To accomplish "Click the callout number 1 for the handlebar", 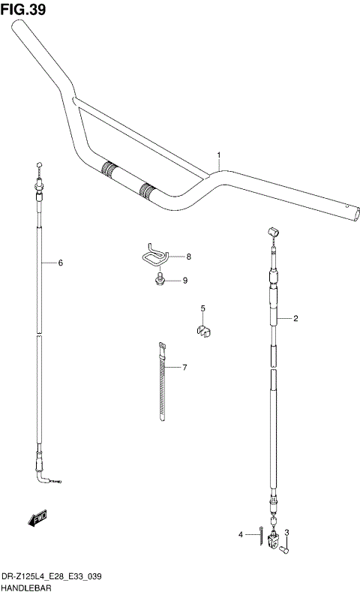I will coord(219,156).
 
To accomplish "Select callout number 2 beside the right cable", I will coord(286,533).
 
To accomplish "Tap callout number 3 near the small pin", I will coord(241,535).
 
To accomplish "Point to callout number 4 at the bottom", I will coord(202,308).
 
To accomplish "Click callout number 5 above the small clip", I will coord(60,263).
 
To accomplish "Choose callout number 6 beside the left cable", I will coord(184,368).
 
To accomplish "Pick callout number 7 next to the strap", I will coord(188,257).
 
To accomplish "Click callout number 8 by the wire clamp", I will coord(184,281).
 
